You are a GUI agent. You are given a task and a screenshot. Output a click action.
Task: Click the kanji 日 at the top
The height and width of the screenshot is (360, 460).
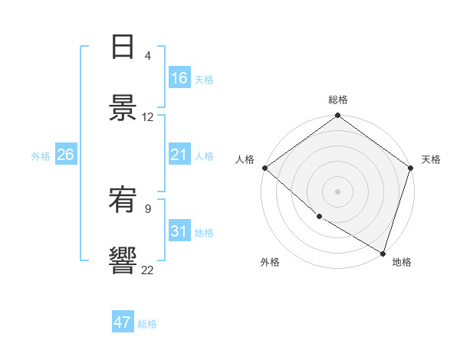(123, 47)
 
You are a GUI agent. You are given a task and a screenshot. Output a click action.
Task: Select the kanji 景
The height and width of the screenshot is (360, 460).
(123, 109)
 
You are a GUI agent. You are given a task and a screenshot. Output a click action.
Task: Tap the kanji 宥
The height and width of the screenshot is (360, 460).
(123, 200)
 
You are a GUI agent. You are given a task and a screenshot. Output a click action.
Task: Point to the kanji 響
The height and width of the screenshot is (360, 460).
(123, 261)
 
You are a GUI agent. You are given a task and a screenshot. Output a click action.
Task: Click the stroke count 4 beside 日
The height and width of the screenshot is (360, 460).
(148, 56)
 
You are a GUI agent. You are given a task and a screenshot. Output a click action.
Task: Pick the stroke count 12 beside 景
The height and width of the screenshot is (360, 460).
(148, 117)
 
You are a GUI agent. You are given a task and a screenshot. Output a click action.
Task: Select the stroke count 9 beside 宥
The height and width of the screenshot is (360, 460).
(148, 208)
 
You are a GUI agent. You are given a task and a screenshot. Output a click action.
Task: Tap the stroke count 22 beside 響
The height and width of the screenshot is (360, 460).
(148, 270)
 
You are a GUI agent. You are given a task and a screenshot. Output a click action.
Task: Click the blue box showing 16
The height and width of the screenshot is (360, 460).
(179, 79)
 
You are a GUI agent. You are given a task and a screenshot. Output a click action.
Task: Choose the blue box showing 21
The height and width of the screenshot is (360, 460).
(179, 155)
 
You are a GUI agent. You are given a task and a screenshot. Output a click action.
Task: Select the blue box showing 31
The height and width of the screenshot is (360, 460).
(179, 231)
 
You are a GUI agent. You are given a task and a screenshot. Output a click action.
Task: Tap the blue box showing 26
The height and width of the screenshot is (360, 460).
(65, 155)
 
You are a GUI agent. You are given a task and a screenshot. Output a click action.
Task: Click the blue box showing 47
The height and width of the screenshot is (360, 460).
(123, 322)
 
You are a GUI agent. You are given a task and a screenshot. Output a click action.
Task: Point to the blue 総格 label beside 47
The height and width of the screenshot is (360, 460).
(147, 324)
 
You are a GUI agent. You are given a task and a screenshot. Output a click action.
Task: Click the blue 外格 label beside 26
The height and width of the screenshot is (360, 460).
(41, 155)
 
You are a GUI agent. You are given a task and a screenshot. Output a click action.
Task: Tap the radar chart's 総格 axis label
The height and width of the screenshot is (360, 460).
(338, 100)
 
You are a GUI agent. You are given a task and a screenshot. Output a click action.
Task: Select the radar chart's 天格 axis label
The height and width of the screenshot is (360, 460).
(431, 159)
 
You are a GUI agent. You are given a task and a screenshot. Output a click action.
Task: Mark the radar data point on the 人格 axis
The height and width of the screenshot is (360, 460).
(264, 168)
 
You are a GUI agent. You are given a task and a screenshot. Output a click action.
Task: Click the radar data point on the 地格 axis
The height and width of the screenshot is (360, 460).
(383, 253)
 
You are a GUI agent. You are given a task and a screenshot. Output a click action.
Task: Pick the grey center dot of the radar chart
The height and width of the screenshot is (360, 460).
(337, 191)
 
